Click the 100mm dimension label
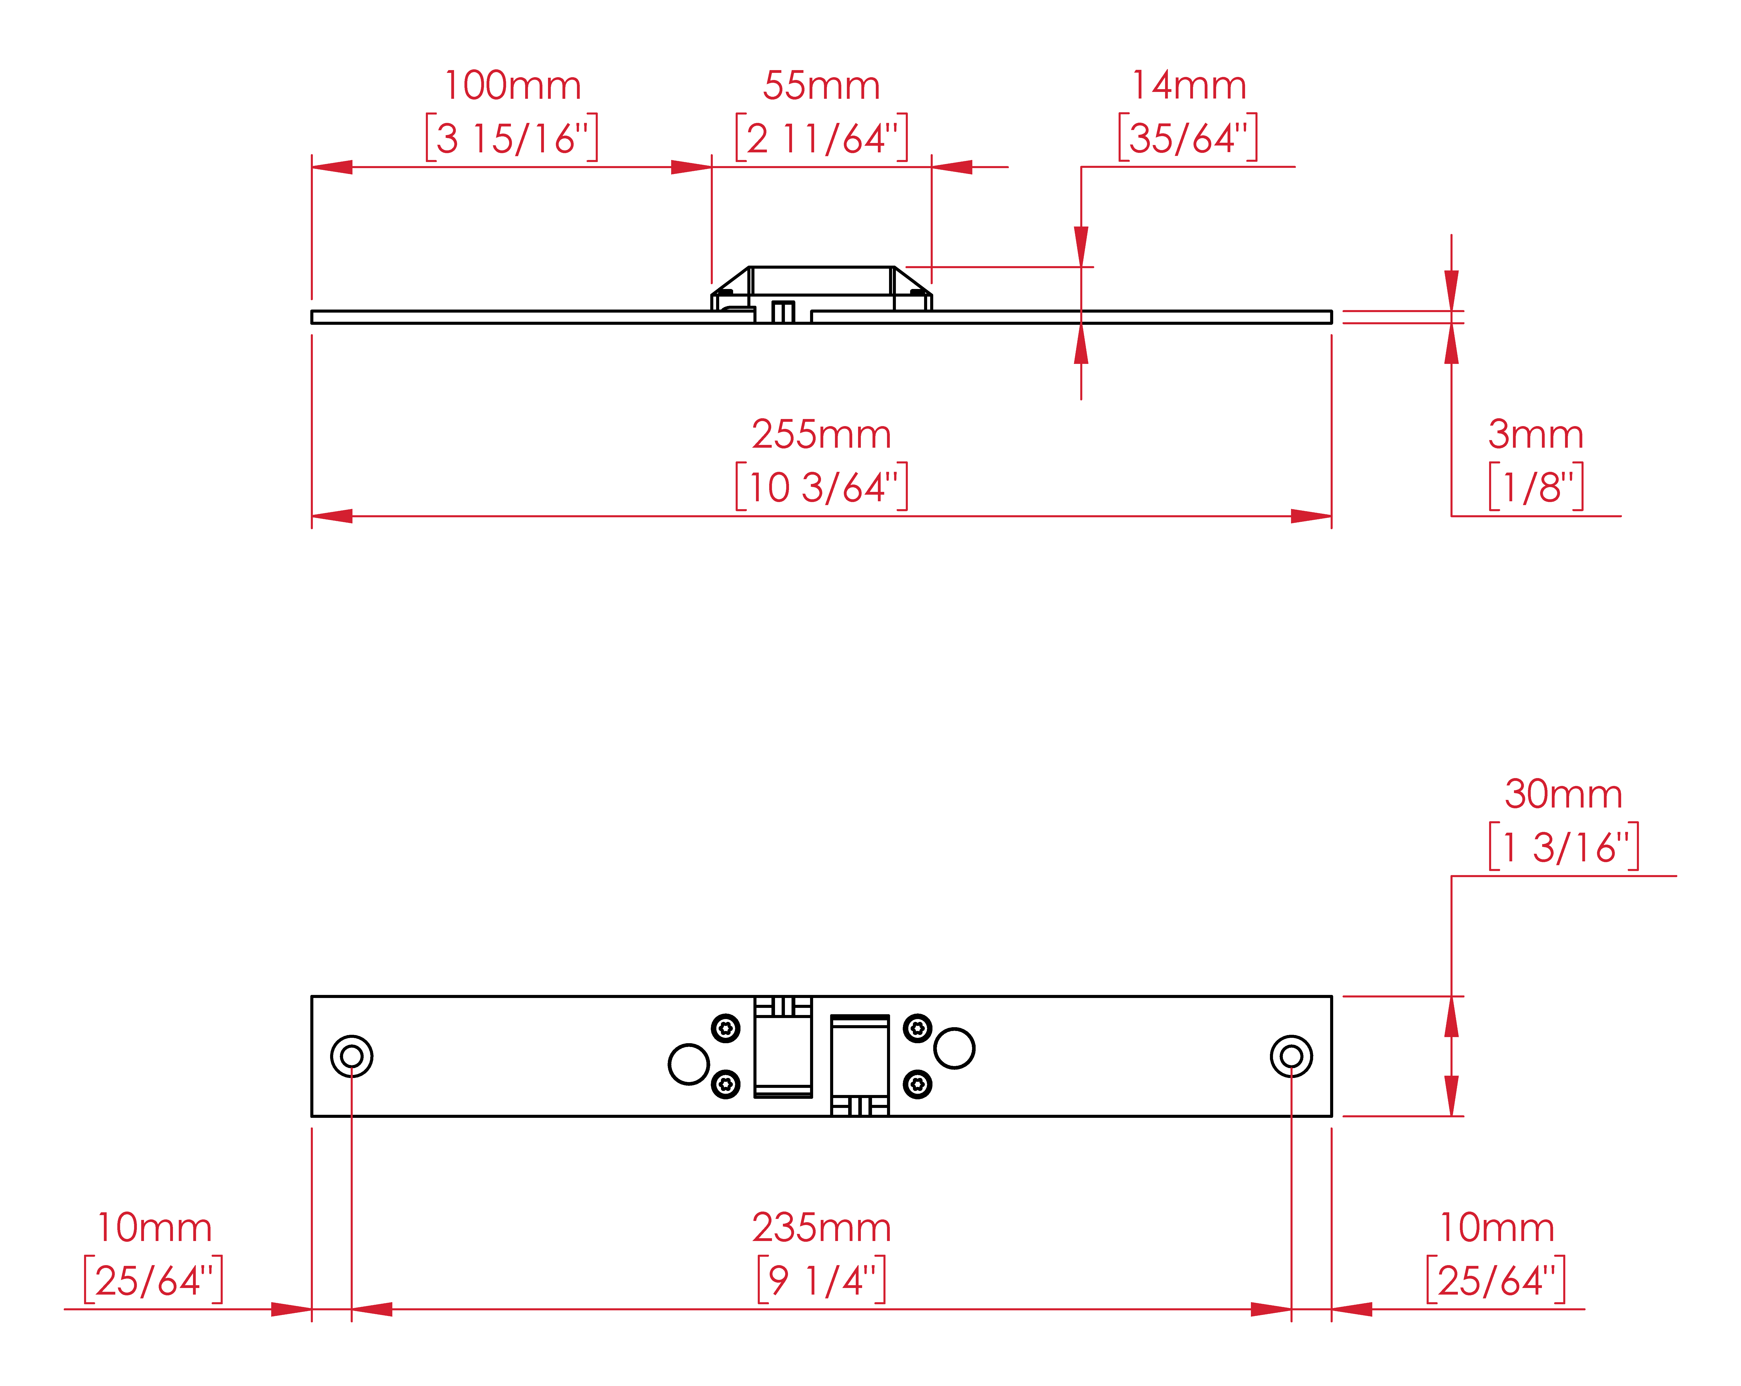click(512, 86)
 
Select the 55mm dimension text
click(821, 86)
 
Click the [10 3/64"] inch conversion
click(821, 487)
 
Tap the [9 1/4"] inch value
click(821, 1280)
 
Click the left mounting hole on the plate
click(351, 1056)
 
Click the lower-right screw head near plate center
click(917, 1084)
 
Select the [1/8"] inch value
click(1535, 487)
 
